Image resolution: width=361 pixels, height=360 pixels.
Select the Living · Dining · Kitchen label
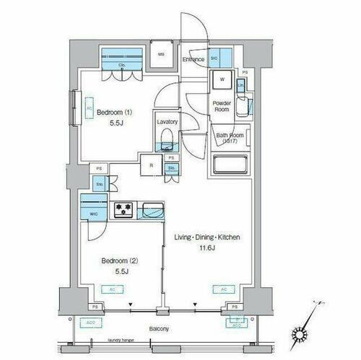[206, 237]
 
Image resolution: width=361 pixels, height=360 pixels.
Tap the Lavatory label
[167, 122]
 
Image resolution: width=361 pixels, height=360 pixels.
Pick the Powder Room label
[221, 107]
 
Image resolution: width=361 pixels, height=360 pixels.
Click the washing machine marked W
[221, 80]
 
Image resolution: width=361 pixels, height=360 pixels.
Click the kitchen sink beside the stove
[152, 210]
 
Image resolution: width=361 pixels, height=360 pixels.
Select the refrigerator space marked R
[151, 164]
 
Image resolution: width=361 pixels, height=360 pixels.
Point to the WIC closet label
[93, 214]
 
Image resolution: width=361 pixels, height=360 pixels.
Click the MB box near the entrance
[161, 53]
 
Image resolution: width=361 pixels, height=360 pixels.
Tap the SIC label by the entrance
[214, 58]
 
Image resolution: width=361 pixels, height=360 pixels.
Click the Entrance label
[193, 59]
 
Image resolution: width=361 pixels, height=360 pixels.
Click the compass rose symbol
[301, 333]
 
